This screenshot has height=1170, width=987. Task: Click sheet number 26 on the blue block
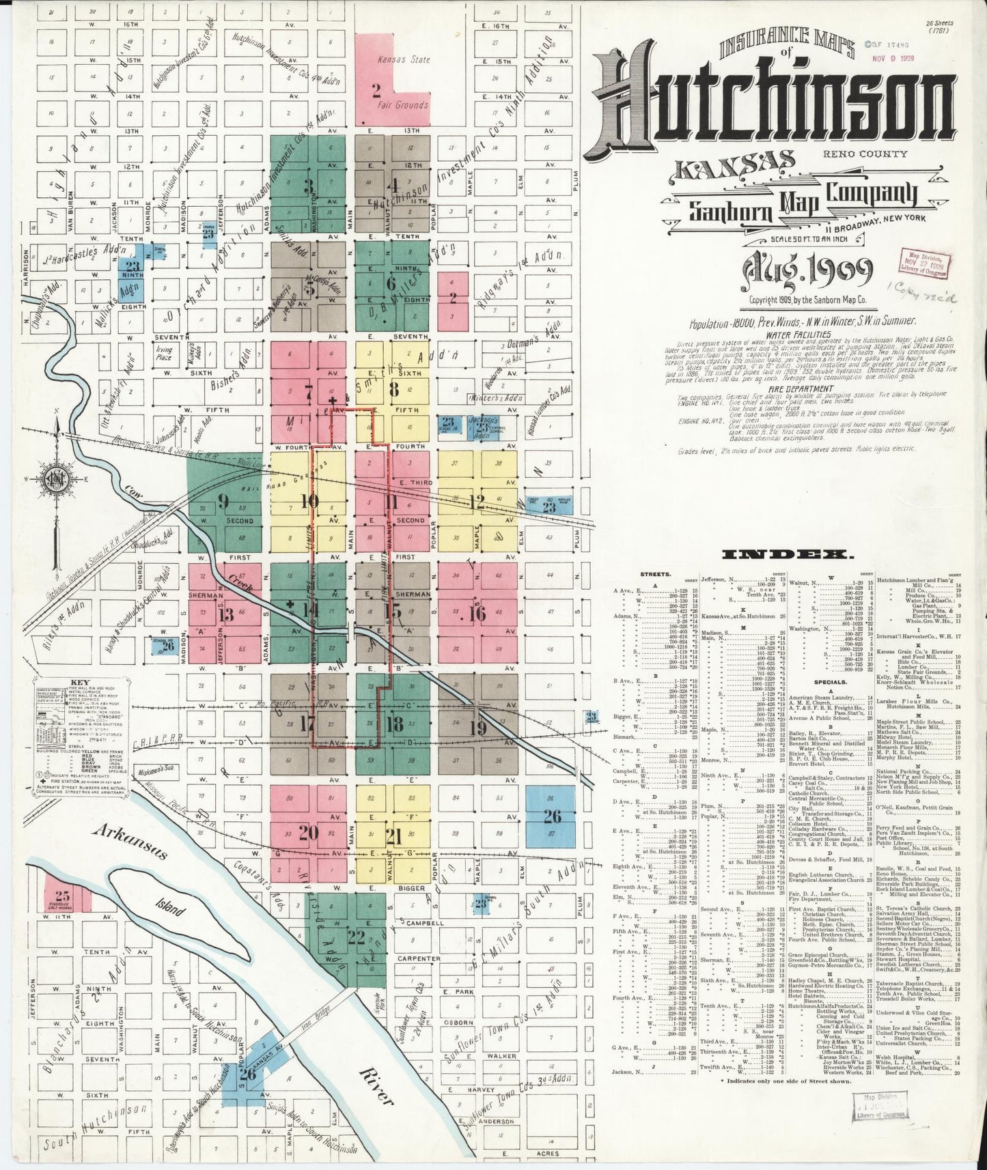coord(552,816)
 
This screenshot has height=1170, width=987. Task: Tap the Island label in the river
coord(167,909)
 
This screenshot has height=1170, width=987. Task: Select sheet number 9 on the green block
coord(223,502)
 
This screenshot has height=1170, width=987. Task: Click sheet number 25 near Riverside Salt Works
coord(62,896)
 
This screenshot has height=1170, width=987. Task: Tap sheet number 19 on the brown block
coord(477,728)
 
